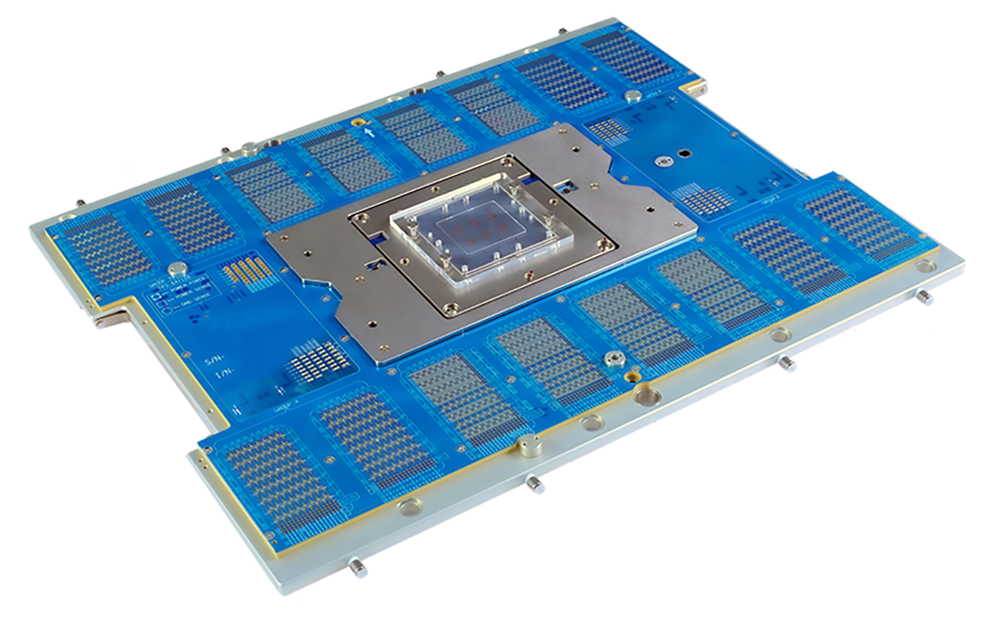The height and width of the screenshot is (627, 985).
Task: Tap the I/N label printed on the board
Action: pyautogui.click(x=221, y=375)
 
